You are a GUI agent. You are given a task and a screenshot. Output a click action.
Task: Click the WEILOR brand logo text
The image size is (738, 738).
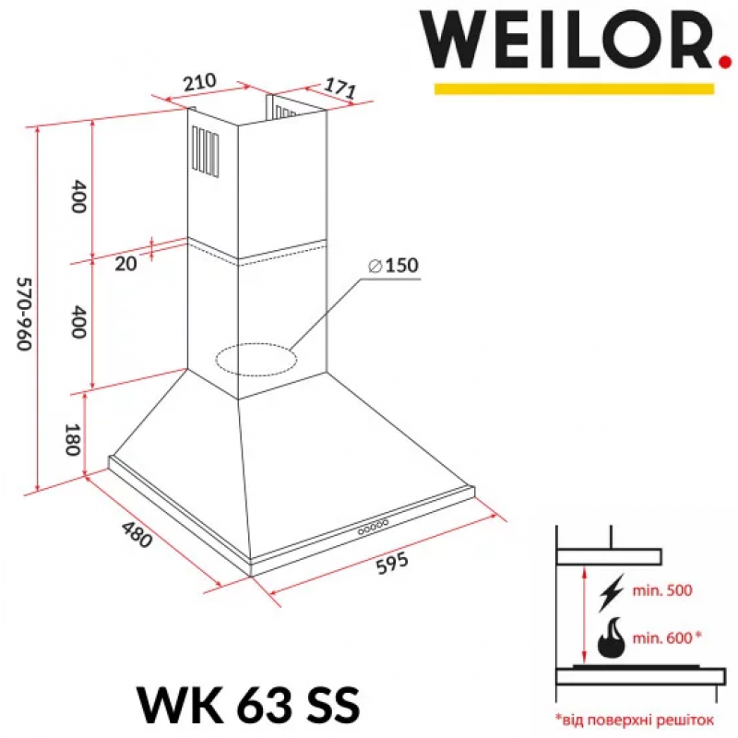(568, 41)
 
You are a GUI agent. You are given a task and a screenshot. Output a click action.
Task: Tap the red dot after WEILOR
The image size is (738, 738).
(727, 63)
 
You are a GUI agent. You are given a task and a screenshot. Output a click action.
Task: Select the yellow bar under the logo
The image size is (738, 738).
(574, 89)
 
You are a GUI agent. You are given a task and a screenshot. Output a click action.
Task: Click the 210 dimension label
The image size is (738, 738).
(200, 82)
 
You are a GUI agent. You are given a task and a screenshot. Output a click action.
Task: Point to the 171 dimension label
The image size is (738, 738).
(339, 88)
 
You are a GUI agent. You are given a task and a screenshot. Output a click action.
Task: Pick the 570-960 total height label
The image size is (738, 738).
(25, 314)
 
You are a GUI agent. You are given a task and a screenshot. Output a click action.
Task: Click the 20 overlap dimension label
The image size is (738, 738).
(125, 264)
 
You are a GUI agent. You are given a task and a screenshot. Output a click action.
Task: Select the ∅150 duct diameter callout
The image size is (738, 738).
(393, 266)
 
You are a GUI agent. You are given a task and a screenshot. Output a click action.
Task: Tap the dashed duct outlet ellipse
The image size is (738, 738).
(256, 360)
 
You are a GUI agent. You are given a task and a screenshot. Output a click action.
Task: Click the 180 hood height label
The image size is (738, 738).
(72, 440)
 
